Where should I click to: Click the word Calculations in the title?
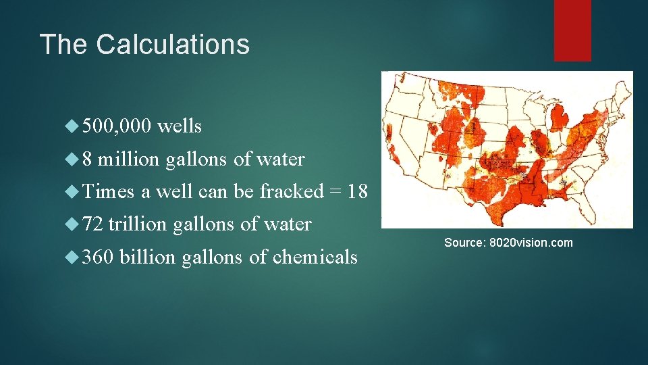pyautogui.click(x=173, y=45)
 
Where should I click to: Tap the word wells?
pyautogui.click(x=179, y=126)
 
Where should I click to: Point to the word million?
pyautogui.click(x=128, y=160)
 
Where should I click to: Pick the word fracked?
pyautogui.click(x=292, y=192)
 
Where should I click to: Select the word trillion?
pyautogui.click(x=138, y=224)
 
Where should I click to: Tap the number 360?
pyautogui.click(x=100, y=258)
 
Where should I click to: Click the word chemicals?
pyautogui.click(x=315, y=258)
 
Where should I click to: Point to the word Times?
pyautogui.click(x=109, y=192)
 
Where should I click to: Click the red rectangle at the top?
pyautogui.click(x=572, y=30)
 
